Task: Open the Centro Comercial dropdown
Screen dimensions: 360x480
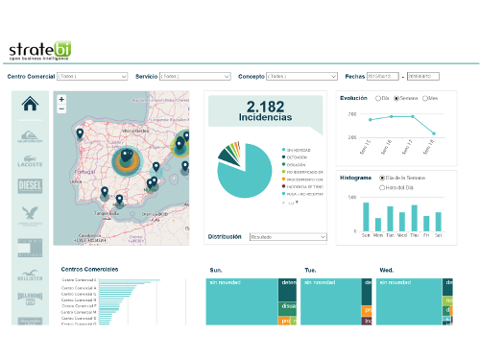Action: coord(92,75)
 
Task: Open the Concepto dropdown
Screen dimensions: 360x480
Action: coord(301,75)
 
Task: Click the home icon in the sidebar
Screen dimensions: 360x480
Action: coord(29,105)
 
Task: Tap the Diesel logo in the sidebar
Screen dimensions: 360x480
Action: coord(29,184)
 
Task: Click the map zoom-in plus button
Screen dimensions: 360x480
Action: coord(61,99)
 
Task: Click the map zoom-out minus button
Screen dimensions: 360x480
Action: coord(61,109)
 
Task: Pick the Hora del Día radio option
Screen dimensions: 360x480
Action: coord(383,185)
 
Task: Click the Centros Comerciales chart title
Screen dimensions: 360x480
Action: coord(92,270)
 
